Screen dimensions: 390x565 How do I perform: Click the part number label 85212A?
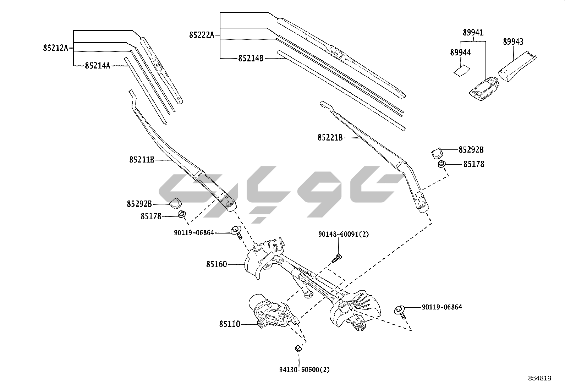55,48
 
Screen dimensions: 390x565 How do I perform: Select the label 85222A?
202,35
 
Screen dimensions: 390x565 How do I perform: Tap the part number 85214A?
97,66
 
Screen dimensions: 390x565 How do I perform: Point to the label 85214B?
251,59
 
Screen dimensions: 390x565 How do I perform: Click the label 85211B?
142,160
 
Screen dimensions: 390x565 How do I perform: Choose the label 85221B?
330,138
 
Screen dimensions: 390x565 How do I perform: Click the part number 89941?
473,33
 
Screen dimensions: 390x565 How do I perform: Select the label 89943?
513,42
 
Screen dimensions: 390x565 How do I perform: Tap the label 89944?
460,53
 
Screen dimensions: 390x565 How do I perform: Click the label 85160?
216,264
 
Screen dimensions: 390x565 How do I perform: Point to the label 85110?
229,324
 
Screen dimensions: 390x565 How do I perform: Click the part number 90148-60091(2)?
338,234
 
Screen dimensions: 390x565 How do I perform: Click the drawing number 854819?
539,378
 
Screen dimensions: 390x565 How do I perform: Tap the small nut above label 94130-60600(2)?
298,348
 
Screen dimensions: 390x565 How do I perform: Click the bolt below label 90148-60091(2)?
337,258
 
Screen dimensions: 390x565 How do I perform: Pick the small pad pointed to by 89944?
461,70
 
